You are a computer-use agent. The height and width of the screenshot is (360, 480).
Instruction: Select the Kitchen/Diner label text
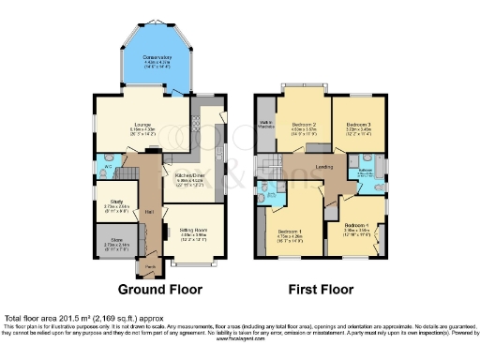[x=186, y=178]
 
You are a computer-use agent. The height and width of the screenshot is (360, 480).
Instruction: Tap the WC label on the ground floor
[x=108, y=167]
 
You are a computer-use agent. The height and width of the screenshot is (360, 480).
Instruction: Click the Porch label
[x=146, y=268]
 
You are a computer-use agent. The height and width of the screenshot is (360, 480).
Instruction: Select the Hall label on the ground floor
[x=149, y=212]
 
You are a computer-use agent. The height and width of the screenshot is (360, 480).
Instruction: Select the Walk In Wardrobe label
[x=265, y=123]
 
